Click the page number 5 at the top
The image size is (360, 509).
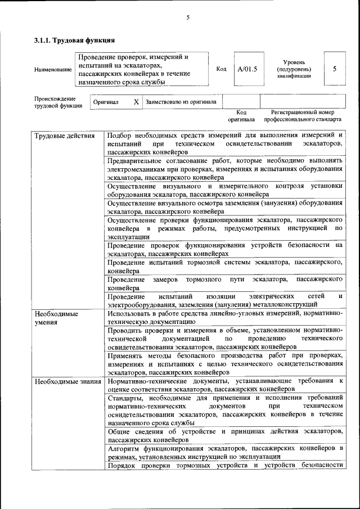click(188, 17)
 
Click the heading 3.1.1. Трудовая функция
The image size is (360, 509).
click(74, 41)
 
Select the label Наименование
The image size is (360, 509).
click(53, 70)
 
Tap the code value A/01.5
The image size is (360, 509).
click(247, 69)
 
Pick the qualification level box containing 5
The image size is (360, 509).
click(335, 69)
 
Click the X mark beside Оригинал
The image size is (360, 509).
click(136, 102)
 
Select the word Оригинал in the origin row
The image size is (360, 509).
click(106, 102)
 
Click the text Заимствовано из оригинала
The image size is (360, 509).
click(181, 102)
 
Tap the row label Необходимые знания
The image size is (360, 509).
click(67, 381)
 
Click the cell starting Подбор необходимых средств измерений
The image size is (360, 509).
click(225, 144)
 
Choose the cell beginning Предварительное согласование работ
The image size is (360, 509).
click(225, 169)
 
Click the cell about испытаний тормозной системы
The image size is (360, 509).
click(225, 267)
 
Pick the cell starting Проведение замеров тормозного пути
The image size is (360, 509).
click(225, 283)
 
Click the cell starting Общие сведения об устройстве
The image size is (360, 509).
click(225, 435)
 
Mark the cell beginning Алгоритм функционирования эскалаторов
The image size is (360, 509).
click(225, 452)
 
